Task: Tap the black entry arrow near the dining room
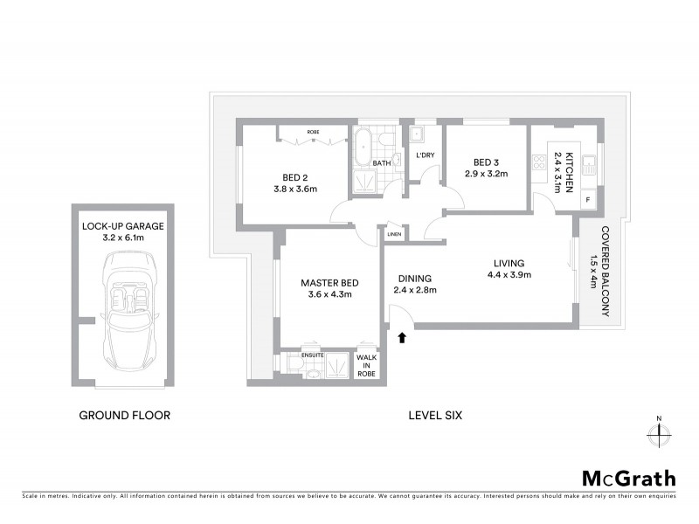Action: (x=402, y=336)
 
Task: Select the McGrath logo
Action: (x=629, y=478)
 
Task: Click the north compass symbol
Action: (x=658, y=431)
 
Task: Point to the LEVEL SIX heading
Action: (x=435, y=416)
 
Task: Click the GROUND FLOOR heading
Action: (x=124, y=416)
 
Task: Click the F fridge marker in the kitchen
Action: (x=587, y=201)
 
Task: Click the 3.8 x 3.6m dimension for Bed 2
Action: (x=294, y=189)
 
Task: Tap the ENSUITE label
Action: (x=313, y=355)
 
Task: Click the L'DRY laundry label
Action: (x=426, y=155)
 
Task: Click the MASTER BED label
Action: (x=329, y=282)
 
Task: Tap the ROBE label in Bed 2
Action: (x=313, y=132)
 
